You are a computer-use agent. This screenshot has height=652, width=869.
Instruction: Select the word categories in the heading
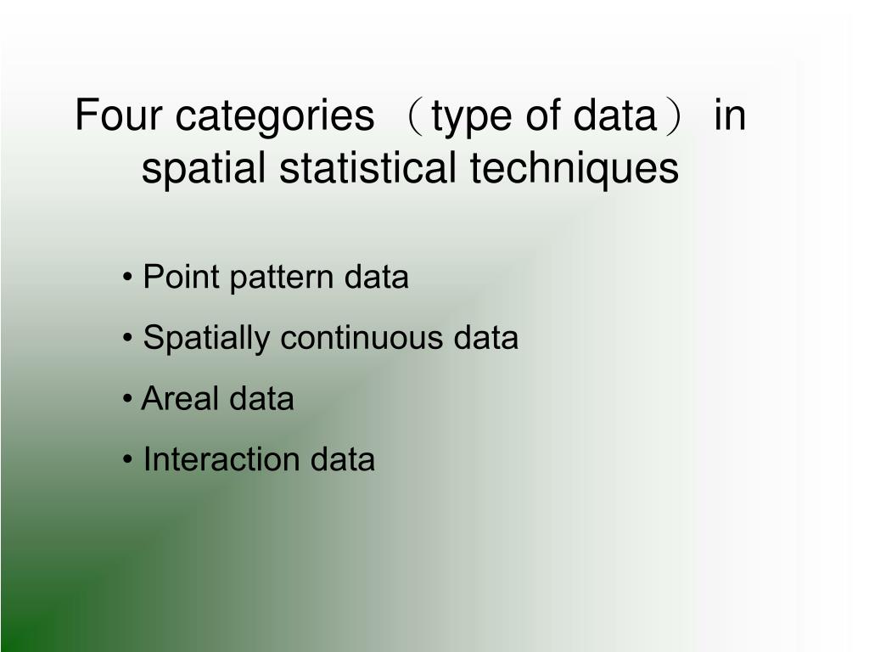point(274,117)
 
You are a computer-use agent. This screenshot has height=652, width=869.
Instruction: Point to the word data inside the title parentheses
point(610,115)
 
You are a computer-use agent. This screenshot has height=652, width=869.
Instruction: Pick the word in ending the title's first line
point(729,115)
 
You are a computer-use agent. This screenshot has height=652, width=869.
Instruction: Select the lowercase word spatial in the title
point(204,169)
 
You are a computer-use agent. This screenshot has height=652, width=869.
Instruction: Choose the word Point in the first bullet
point(180,278)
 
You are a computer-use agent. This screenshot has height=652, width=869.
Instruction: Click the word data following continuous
point(485,338)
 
